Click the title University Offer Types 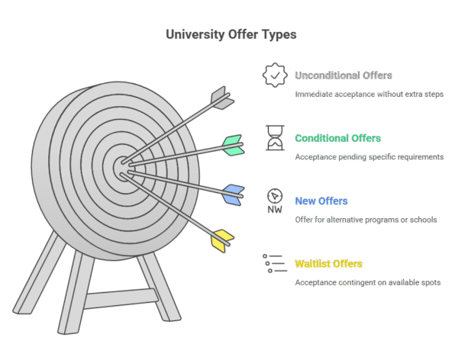(231, 34)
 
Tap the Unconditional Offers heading (343, 76)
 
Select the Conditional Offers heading (337, 138)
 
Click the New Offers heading (321, 201)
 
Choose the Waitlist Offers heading (328, 264)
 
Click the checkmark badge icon (275, 75)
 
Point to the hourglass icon (275, 138)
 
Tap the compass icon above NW (275, 195)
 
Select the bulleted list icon (275, 263)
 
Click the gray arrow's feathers (223, 98)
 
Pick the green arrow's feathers (234, 145)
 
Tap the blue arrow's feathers (234, 195)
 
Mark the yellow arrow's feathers (222, 241)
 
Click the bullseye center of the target (123, 169)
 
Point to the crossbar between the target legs (121, 298)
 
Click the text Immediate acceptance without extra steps (369, 95)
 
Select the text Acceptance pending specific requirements (369, 157)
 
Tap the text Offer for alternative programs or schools (366, 220)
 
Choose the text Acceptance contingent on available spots (368, 283)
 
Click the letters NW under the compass (275, 210)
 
